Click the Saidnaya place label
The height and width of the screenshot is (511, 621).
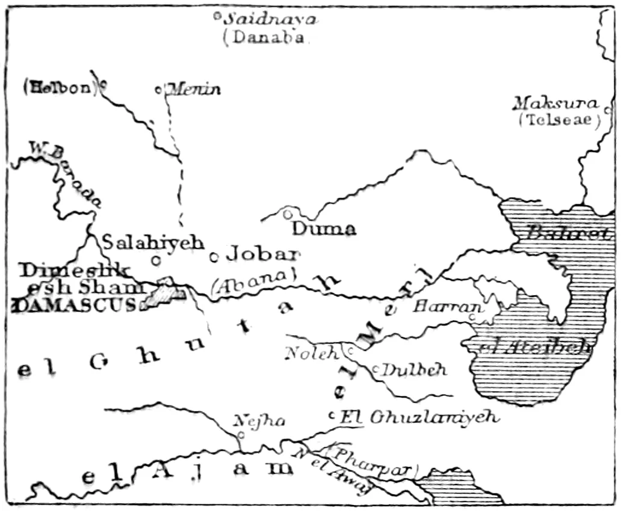[270, 19]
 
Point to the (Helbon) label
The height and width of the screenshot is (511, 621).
[60, 87]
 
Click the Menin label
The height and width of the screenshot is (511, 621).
[194, 90]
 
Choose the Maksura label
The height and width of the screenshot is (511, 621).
[555, 103]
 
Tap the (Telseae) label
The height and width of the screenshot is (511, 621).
[560, 120]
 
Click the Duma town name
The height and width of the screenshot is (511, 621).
[324, 229]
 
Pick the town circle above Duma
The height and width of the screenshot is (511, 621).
[288, 213]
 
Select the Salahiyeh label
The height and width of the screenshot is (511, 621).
[153, 242]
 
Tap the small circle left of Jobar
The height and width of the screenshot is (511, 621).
[213, 257]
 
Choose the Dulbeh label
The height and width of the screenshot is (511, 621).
[415, 369]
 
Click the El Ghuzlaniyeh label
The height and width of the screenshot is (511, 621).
[419, 416]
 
